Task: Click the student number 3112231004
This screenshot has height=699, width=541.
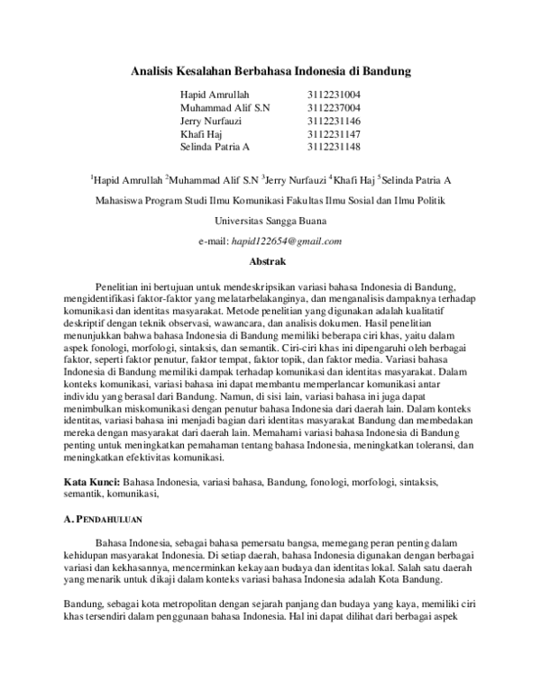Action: tap(334, 94)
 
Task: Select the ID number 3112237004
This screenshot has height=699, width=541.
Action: tap(334, 107)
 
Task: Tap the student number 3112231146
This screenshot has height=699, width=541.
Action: tap(334, 120)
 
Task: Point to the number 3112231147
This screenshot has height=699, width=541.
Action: tap(334, 133)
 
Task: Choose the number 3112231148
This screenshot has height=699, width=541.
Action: tap(334, 146)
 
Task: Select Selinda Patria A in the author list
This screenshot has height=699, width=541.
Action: tap(215, 146)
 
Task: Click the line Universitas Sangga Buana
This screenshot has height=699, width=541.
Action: tap(270, 220)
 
